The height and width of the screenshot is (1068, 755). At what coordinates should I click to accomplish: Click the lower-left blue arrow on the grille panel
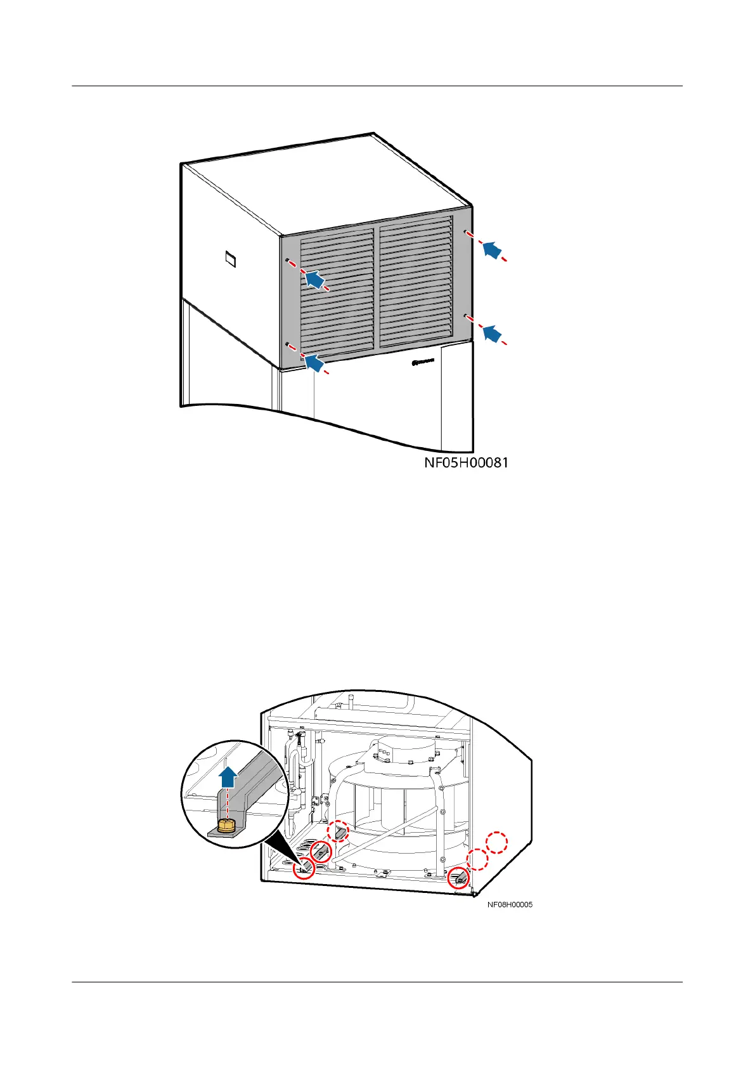click(x=315, y=362)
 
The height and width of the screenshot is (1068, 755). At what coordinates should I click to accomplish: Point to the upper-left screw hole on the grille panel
click(x=288, y=260)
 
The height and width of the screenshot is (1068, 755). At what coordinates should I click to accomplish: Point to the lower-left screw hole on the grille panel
click(x=288, y=344)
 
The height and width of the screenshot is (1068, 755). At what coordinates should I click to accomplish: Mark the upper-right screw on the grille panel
click(x=465, y=231)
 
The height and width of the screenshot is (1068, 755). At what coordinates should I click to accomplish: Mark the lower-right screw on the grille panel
click(x=465, y=315)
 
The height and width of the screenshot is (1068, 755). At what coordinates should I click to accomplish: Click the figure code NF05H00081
click(x=466, y=463)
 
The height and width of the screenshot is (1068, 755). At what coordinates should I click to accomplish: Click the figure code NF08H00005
click(x=510, y=904)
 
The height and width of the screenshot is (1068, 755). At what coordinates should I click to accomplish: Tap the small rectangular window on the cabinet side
click(x=231, y=259)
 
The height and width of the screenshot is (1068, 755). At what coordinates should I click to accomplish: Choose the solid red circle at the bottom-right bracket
click(x=458, y=878)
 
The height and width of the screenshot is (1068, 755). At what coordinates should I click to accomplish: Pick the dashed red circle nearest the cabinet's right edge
click(x=497, y=843)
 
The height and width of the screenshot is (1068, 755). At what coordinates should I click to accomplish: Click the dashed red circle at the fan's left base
click(x=338, y=831)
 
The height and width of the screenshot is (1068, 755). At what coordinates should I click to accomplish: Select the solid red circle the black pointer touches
click(x=305, y=868)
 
